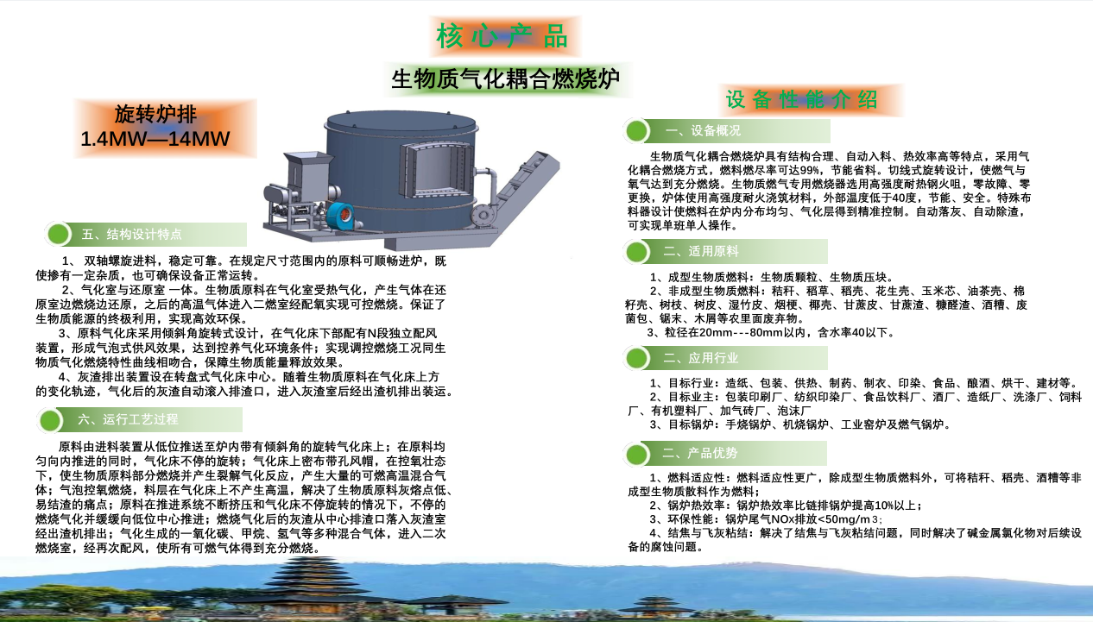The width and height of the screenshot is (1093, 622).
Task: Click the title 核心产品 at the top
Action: pyautogui.click(x=502, y=36)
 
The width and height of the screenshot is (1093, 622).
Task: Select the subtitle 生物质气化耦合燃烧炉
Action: pyautogui.click(x=506, y=79)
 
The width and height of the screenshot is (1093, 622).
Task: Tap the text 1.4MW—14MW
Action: pyautogui.click(x=155, y=139)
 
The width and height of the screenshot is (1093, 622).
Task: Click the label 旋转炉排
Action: pyautogui.click(x=155, y=115)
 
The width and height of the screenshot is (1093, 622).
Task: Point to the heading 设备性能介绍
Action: pyautogui.click(x=802, y=100)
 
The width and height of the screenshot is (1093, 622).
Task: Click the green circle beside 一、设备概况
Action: pyautogui.click(x=637, y=130)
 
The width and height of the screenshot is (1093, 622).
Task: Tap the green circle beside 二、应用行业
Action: pyautogui.click(x=637, y=358)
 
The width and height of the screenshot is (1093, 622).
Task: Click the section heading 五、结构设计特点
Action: pyautogui.click(x=132, y=235)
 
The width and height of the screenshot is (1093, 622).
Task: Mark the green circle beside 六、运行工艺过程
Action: pyautogui.click(x=50, y=420)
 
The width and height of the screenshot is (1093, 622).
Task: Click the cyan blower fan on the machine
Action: pyautogui.click(x=341, y=216)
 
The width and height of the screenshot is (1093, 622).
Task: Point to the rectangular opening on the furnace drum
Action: pyautogui.click(x=437, y=170)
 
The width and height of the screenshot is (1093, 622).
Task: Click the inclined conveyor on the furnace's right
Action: pyautogui.click(x=521, y=192)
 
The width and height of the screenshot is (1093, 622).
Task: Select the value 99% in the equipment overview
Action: pyautogui.click(x=810, y=170)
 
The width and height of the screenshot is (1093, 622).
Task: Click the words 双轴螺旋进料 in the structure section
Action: pyautogui.click(x=120, y=261)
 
